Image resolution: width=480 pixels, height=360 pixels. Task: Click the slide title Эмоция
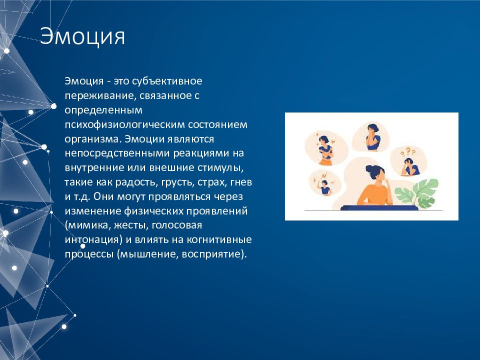82,36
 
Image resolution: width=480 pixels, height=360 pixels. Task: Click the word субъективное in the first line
167,81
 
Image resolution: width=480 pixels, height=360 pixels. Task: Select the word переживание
100,96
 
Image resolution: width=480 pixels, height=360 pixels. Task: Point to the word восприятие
212,254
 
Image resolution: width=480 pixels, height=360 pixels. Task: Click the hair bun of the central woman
369,168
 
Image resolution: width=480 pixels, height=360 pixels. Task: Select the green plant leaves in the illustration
417,193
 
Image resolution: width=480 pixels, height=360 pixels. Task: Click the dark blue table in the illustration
379,208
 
